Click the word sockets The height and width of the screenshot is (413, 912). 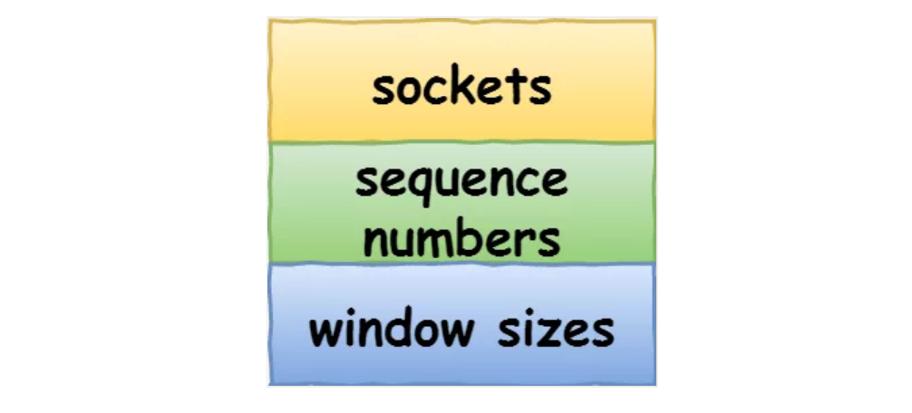click(461, 88)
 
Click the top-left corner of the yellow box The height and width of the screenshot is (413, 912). click(269, 20)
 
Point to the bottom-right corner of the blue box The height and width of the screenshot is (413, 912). click(655, 384)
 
